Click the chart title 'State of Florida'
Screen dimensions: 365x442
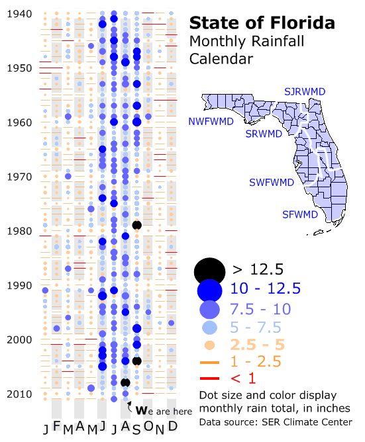tap(262, 23)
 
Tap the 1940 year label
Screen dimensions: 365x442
tap(19, 14)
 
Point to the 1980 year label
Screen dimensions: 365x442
tap(19, 231)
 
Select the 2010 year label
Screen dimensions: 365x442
tap(19, 394)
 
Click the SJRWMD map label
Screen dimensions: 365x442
tap(305, 91)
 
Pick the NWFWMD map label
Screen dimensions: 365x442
tap(211, 122)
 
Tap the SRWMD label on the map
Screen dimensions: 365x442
tap(264, 134)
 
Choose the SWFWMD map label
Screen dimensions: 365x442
tap(272, 183)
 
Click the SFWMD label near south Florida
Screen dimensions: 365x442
tap(300, 215)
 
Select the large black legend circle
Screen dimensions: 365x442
tap(209, 271)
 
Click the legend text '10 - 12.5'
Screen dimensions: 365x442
tap(266, 288)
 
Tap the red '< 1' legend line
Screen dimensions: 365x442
tap(209, 378)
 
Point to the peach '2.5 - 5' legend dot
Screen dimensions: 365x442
tap(209, 345)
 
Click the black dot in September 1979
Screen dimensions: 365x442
tap(137, 225)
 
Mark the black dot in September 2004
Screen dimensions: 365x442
tap(137, 361)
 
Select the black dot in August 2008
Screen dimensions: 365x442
tap(125, 383)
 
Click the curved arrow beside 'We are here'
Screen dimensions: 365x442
tap(129, 406)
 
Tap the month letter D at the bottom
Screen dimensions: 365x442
tap(172, 426)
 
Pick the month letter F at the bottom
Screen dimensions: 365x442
tap(57, 426)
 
